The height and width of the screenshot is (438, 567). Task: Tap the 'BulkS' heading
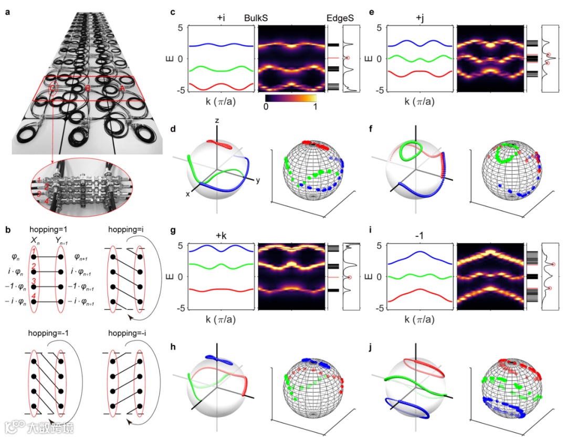point(257,17)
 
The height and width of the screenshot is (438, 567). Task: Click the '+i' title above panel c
point(220,17)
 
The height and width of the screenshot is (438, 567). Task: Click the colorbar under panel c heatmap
point(291,98)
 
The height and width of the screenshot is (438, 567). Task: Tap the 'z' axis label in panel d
point(216,121)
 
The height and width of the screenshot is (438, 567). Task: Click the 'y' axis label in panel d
point(259,180)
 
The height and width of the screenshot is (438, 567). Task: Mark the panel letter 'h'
point(173,346)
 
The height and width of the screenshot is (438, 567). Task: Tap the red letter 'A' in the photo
point(123,89)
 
